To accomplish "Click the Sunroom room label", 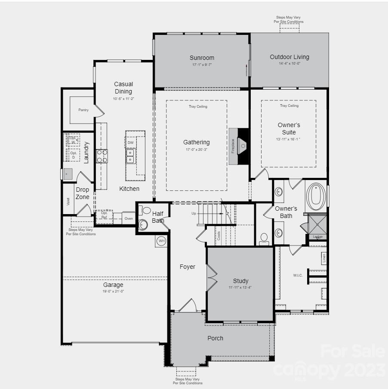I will pyautogui.click(x=202, y=58).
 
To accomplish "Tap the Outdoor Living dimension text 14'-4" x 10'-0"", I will pyautogui.click(x=289, y=63).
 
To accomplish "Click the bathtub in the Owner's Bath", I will pyautogui.click(x=316, y=196).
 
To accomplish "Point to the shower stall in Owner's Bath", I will pyautogui.click(x=317, y=224).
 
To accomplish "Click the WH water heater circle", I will pyautogui.click(x=161, y=241).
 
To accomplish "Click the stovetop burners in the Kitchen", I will pyautogui.click(x=102, y=156).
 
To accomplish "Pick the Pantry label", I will pyautogui.click(x=83, y=110).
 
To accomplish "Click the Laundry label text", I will pyautogui.click(x=86, y=152).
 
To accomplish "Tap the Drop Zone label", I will pyautogui.click(x=83, y=193).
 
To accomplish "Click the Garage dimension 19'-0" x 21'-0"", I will pyautogui.click(x=113, y=292).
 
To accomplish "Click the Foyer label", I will pyautogui.click(x=187, y=267).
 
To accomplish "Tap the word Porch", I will pyautogui.click(x=215, y=338).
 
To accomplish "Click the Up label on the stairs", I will pyautogui.click(x=194, y=214).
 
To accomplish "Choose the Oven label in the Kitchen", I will pyautogui.click(x=129, y=218).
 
